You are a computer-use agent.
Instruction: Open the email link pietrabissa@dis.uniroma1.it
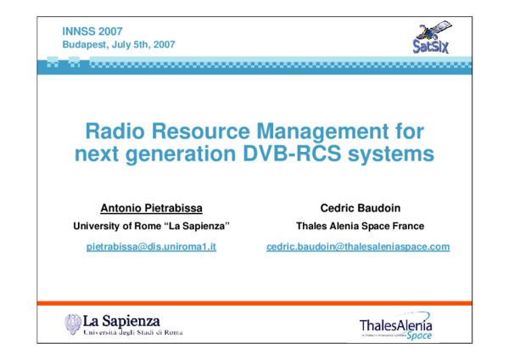152,246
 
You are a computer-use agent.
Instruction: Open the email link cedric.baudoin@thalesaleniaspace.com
358,246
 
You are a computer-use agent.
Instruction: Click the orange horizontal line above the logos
255,303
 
